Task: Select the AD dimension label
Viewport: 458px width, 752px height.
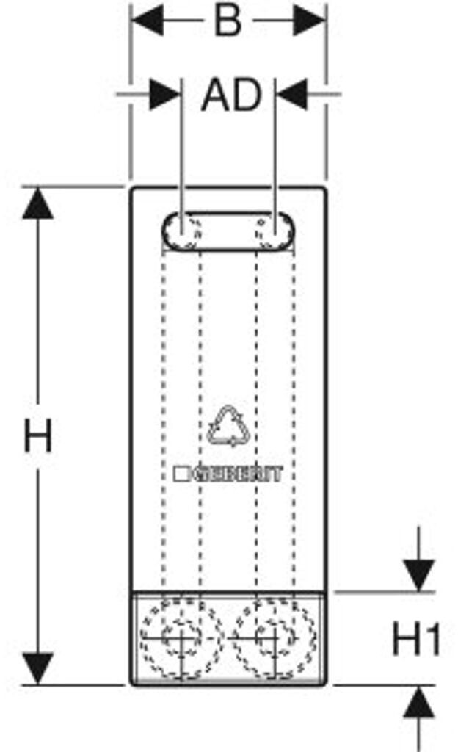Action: [231, 95]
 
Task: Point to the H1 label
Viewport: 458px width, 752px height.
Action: [415, 640]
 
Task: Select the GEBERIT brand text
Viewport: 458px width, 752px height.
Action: [237, 474]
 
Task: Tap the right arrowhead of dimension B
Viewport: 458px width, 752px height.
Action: [310, 22]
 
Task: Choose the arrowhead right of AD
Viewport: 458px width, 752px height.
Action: [291, 95]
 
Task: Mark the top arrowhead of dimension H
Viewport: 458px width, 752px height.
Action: [37, 203]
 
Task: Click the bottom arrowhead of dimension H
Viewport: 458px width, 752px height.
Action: [37, 668]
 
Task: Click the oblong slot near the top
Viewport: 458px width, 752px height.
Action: [228, 232]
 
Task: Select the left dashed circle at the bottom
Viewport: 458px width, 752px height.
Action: [181, 637]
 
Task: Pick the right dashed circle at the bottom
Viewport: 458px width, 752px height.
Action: [275, 637]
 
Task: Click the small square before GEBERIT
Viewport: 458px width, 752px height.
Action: [181, 474]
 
